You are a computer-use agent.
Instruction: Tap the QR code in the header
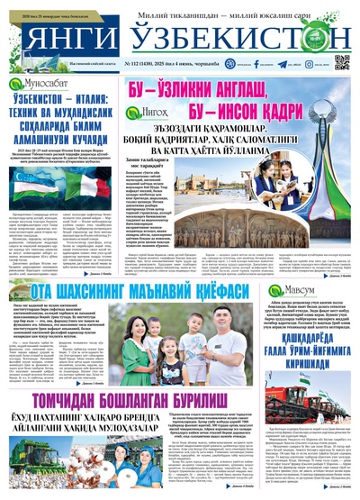(342, 62)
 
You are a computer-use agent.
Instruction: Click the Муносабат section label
(35, 84)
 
